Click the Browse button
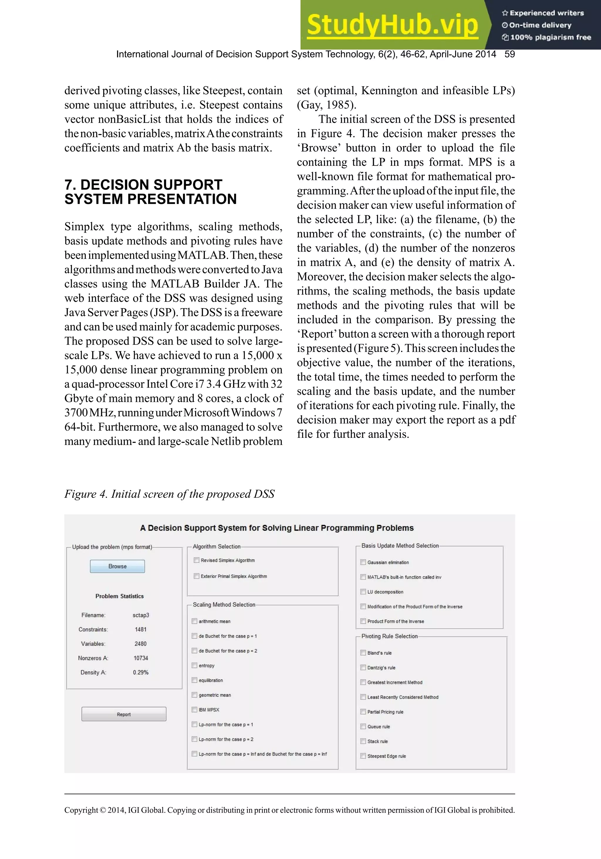pyautogui.click(x=117, y=566)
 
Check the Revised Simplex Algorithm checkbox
pyautogui.click(x=196, y=560)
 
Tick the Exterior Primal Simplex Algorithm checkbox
pyautogui.click(x=196, y=576)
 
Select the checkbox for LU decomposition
pyautogui.click(x=363, y=592)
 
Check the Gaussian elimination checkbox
pyautogui.click(x=363, y=562)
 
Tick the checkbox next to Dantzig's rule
pyautogui.click(x=363, y=668)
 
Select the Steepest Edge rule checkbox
pyautogui.click(x=363, y=756)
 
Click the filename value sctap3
pyautogui.click(x=141, y=615)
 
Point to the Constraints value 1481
pyautogui.click(x=141, y=629)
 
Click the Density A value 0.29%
pyautogui.click(x=141, y=672)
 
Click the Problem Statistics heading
pyautogui.click(x=119, y=596)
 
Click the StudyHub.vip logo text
pyautogui.click(x=392, y=25)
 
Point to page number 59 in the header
pyautogui.click(x=509, y=54)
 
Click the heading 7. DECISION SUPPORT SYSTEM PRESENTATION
pyautogui.click(x=150, y=192)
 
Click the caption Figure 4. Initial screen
pyautogui.click(x=169, y=494)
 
